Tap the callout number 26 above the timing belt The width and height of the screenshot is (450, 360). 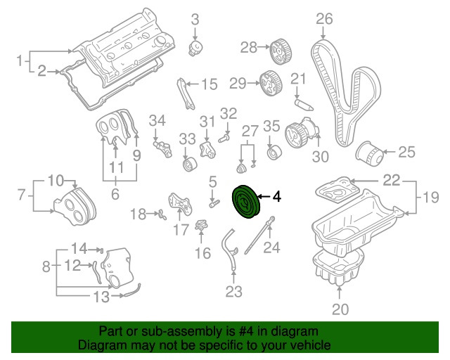tap(323, 18)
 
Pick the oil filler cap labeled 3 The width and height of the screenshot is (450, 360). tap(197, 49)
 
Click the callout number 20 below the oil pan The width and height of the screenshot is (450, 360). tap(340, 309)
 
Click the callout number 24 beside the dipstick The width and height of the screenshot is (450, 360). tap(271, 247)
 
